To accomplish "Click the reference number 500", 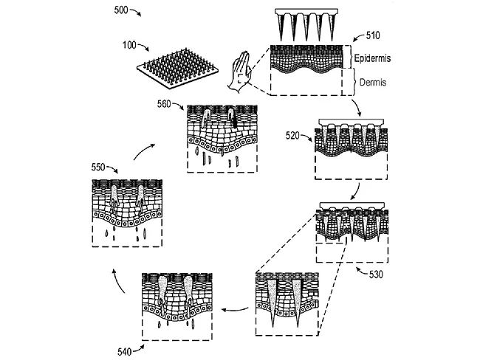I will [126, 10].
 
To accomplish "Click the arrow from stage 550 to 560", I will [145, 151].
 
